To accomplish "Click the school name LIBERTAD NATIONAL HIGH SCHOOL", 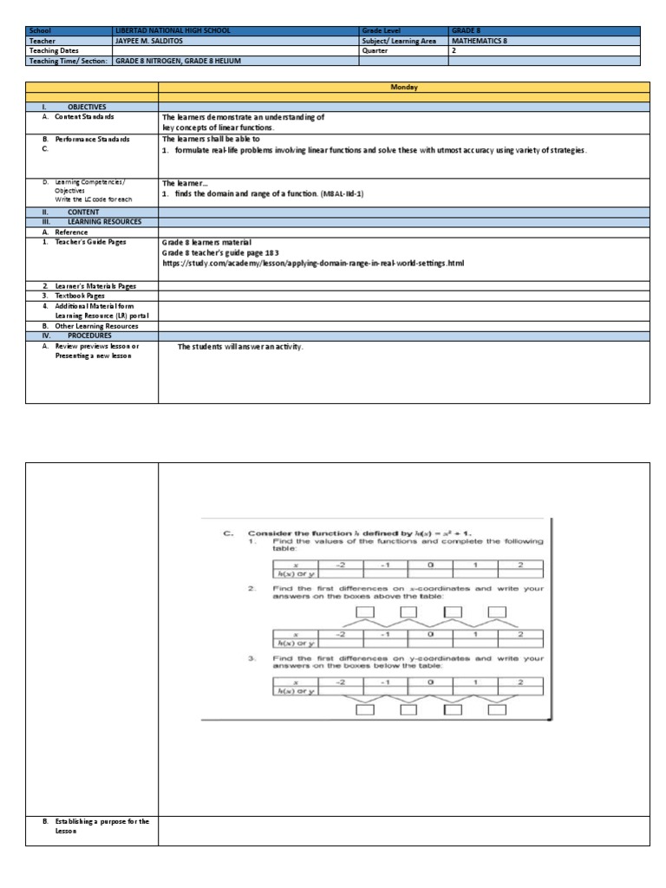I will [x=173, y=30].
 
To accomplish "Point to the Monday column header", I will [x=403, y=88].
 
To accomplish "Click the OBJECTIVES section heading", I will [x=87, y=105].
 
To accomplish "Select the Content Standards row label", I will [x=84, y=116].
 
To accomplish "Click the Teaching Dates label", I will [x=55, y=51].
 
